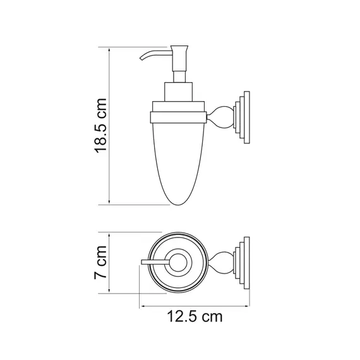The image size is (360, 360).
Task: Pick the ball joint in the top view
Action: click(x=221, y=261)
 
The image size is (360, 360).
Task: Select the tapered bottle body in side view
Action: click(x=179, y=158)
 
